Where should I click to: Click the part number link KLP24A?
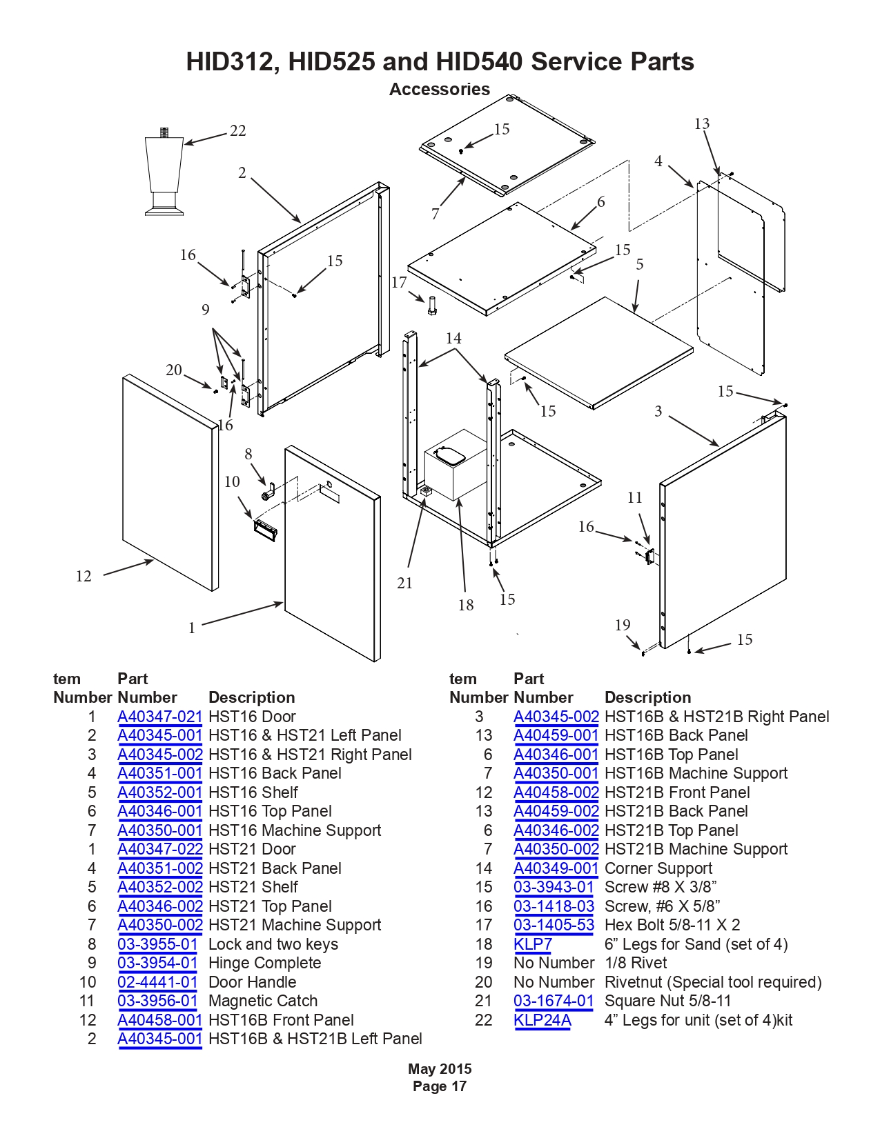pyautogui.click(x=542, y=1020)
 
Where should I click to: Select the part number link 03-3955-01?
pyautogui.click(x=157, y=944)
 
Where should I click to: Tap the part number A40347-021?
pyautogui.click(x=160, y=717)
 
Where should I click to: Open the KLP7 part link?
pyautogui.click(x=533, y=944)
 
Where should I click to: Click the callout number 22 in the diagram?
pyautogui.click(x=238, y=130)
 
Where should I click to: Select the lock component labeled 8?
pyautogui.click(x=268, y=493)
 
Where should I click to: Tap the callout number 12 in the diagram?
pyautogui.click(x=84, y=576)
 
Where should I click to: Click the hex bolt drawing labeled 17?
pyautogui.click(x=432, y=306)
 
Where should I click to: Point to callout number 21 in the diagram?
pyautogui.click(x=404, y=583)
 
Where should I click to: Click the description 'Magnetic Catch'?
pyautogui.click(x=263, y=1001)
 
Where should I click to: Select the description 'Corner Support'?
pyautogui.click(x=658, y=868)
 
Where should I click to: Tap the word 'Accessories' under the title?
pyautogui.click(x=440, y=89)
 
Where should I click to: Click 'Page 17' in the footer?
pyautogui.click(x=440, y=1086)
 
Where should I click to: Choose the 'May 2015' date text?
pyautogui.click(x=440, y=1069)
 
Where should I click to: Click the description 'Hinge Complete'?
pyautogui.click(x=264, y=963)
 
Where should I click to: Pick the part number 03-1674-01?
pyautogui.click(x=554, y=1001)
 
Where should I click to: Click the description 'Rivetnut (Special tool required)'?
pyautogui.click(x=714, y=982)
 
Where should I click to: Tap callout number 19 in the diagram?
pyautogui.click(x=623, y=625)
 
